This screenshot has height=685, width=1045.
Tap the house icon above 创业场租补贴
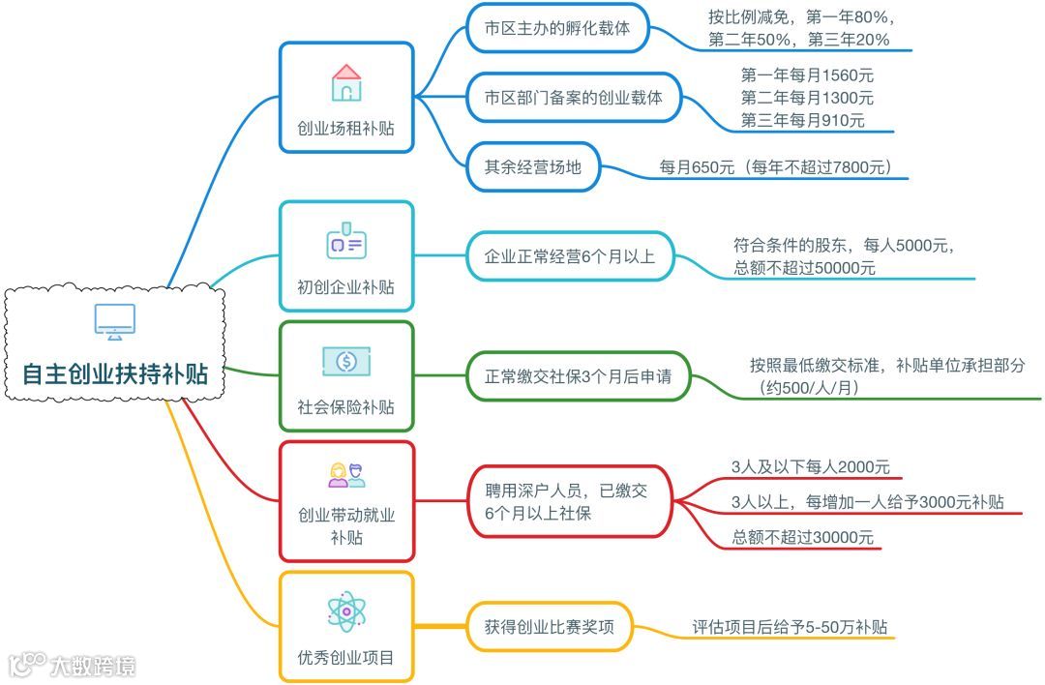pyautogui.click(x=346, y=83)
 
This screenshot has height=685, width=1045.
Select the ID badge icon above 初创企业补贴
pyautogui.click(x=346, y=243)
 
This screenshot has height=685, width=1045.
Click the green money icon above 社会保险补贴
pyautogui.click(x=346, y=362)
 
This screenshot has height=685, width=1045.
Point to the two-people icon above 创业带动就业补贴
pyautogui.click(x=346, y=474)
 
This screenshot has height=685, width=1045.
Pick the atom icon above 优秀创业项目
pyautogui.click(x=346, y=611)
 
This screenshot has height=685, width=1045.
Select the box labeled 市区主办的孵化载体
pyautogui.click(x=557, y=29)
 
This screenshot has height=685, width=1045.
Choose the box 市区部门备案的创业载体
pyautogui.click(x=573, y=98)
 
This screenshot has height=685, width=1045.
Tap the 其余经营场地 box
pyautogui.click(x=533, y=166)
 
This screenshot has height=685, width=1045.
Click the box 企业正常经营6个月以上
pyautogui.click(x=570, y=256)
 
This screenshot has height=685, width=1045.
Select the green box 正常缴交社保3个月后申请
pyautogui.click(x=578, y=376)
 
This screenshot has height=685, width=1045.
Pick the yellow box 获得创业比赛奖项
pyautogui.click(x=550, y=626)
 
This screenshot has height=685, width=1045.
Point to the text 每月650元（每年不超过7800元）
pyautogui.click(x=775, y=167)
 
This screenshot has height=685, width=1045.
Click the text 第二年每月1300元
pyautogui.click(x=807, y=98)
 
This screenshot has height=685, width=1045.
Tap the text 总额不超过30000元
pyautogui.click(x=803, y=537)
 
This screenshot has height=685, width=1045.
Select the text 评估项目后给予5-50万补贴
pyautogui.click(x=790, y=627)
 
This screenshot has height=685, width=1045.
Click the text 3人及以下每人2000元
pyautogui.click(x=811, y=466)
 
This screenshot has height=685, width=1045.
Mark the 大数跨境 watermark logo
pyautogui.click(x=73, y=666)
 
